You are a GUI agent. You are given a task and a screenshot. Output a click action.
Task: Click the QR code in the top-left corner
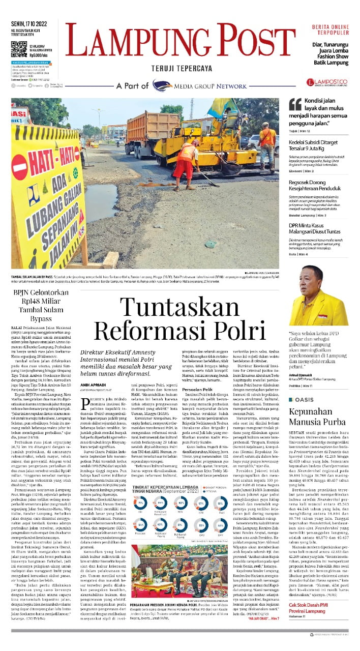(19, 50)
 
